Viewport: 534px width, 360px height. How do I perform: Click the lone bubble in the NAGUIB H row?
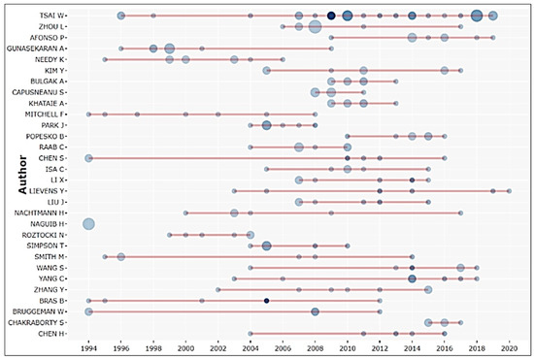point(88,224)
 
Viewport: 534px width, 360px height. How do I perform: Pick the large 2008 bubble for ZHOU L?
point(315,26)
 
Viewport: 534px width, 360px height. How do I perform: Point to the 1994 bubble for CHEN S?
point(88,157)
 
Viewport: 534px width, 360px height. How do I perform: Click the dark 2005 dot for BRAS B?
point(267,301)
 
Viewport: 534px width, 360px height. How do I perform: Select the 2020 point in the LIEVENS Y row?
point(509,191)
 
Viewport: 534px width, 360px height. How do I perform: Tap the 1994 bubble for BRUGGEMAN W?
point(88,311)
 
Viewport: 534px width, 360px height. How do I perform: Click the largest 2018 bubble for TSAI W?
point(477,16)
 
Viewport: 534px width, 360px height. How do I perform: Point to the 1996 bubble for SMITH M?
point(121,257)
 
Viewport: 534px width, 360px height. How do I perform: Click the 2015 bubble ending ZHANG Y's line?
point(428,289)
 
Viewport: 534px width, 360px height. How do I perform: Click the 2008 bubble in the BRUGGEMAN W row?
point(315,311)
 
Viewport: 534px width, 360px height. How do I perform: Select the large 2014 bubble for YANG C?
point(412,278)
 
